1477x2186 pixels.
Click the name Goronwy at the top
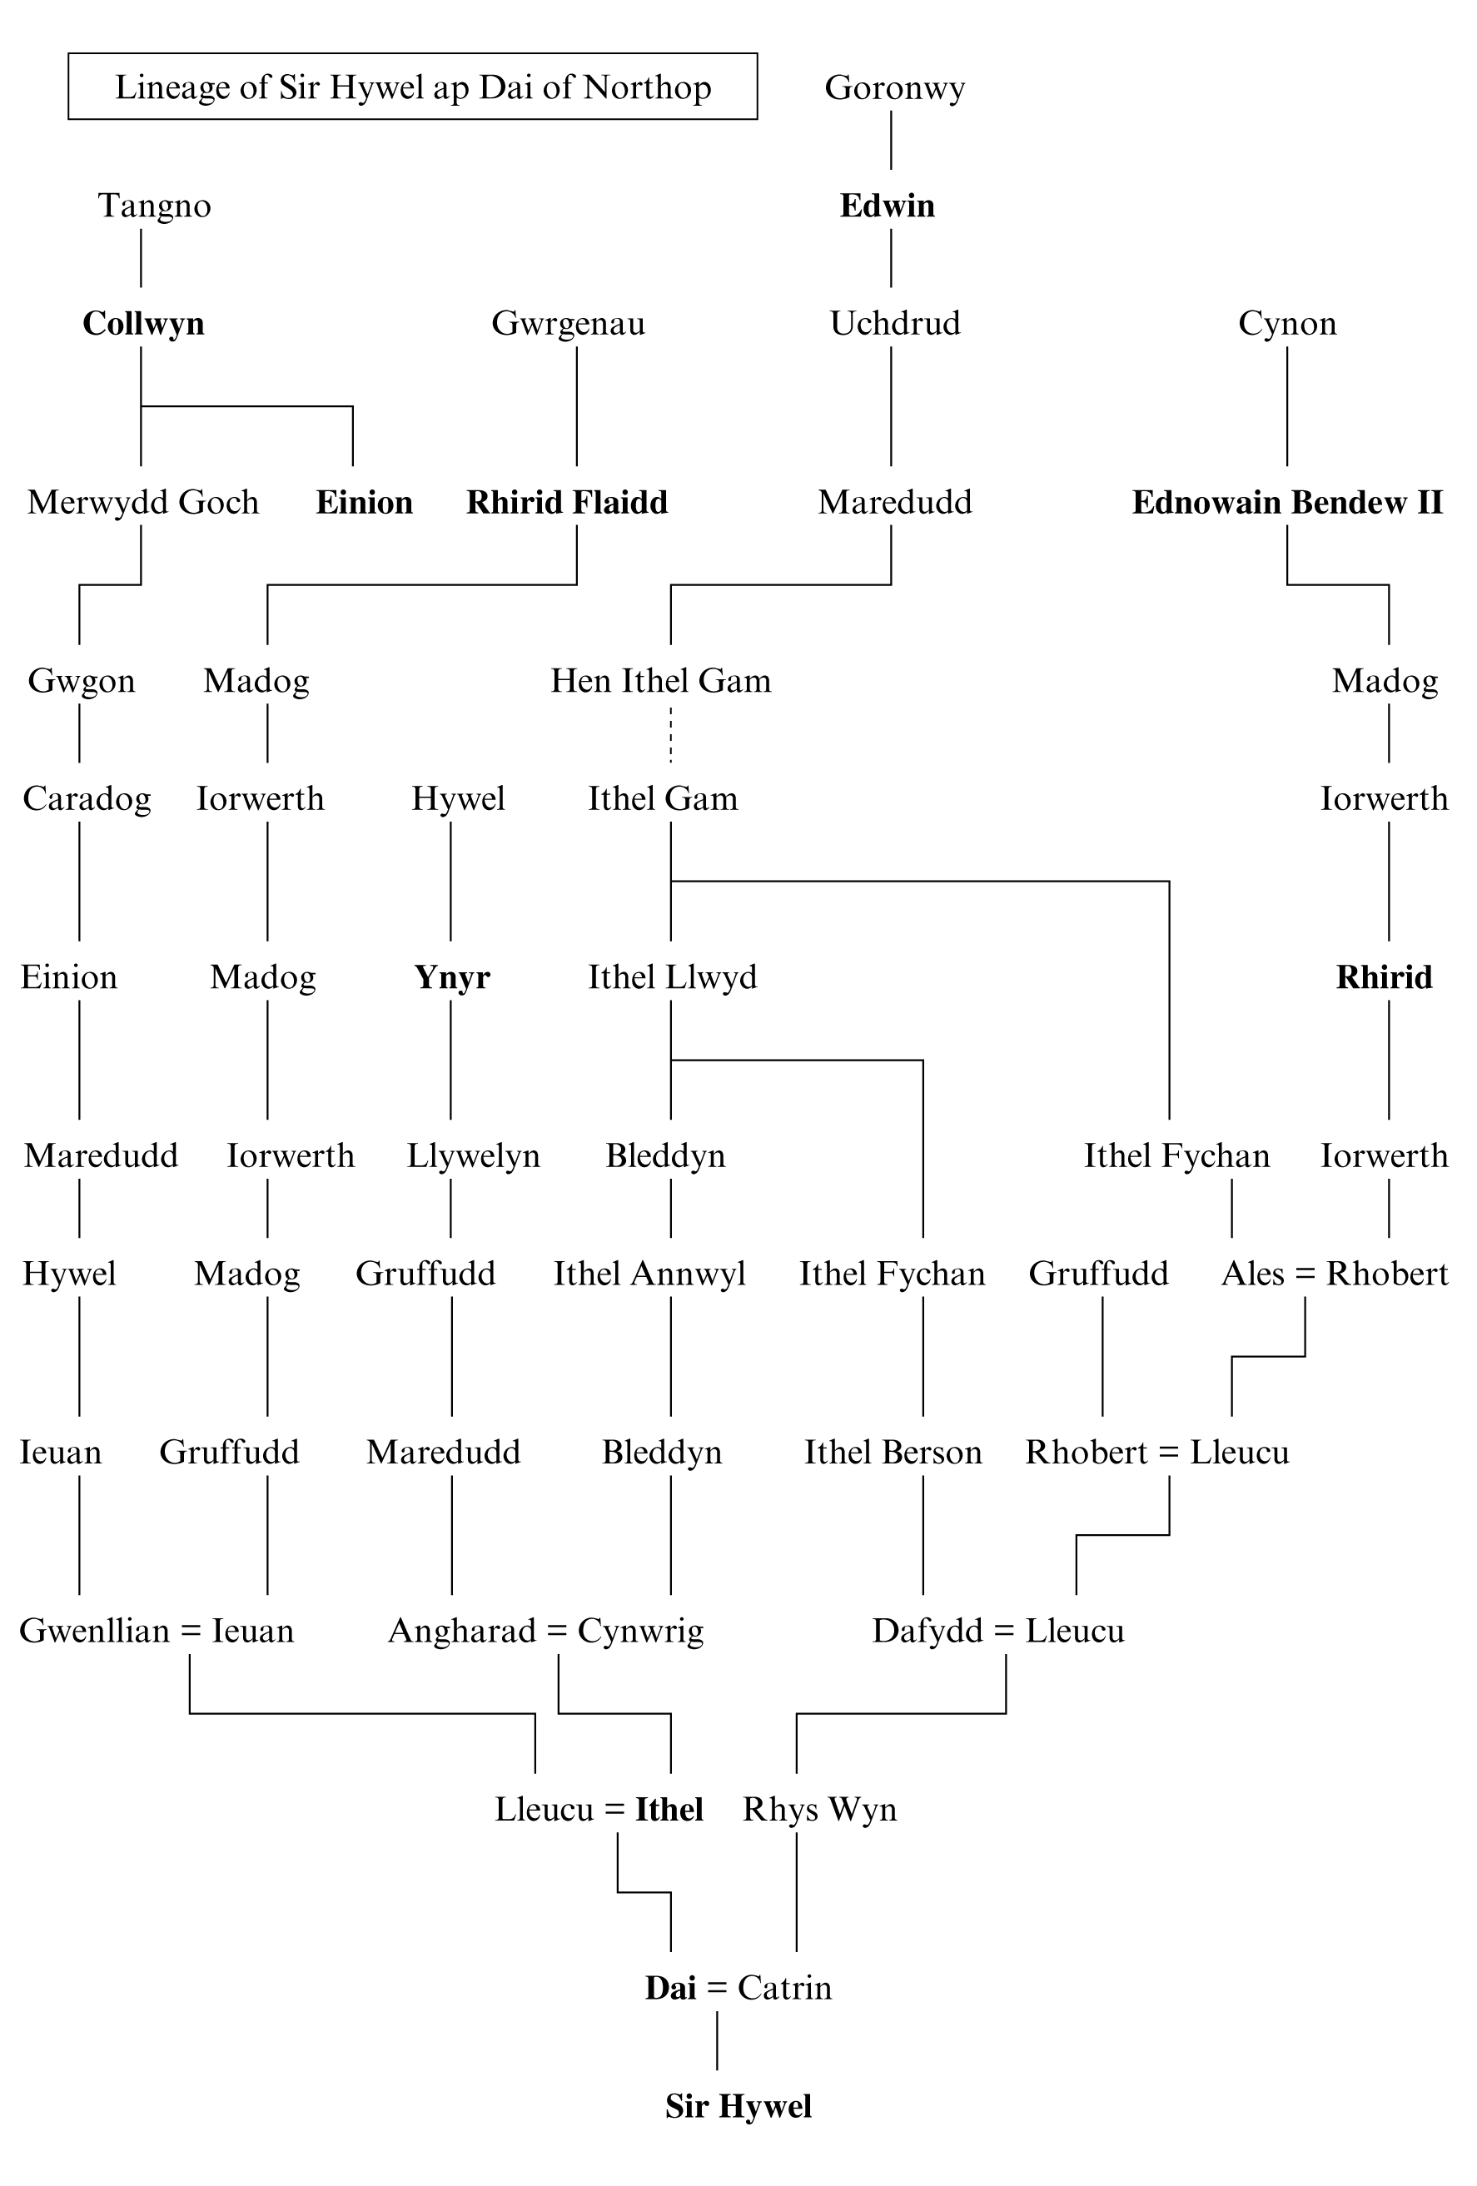click(893, 87)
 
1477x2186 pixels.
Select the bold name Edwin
click(888, 205)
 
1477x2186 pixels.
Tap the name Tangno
click(154, 205)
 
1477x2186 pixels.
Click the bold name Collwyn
click(143, 324)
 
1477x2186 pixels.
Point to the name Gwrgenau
click(568, 324)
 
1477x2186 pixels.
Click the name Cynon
click(1287, 324)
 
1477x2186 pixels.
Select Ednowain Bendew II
click(1287, 502)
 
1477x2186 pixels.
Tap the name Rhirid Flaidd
click(567, 502)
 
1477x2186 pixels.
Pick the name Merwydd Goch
click(143, 502)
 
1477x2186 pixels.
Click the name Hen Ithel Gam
click(660, 680)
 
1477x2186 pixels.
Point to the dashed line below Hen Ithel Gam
click(671, 736)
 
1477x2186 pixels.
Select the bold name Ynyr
click(452, 977)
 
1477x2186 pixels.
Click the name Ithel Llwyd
click(672, 977)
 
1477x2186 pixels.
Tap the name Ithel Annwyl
click(649, 1274)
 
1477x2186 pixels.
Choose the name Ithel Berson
click(893, 1453)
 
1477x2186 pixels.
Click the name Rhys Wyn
click(819, 1809)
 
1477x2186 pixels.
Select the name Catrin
click(784, 1988)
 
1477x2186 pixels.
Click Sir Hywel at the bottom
click(738, 2106)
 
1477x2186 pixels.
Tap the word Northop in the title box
click(647, 87)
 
